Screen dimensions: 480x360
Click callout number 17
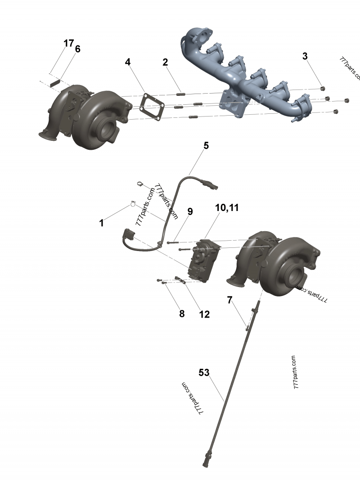[x=68, y=43]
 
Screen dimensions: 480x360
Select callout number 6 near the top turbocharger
[x=78, y=49]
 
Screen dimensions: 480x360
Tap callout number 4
[x=128, y=62]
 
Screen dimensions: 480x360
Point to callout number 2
[x=165, y=62]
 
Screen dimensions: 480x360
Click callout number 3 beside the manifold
[x=305, y=56]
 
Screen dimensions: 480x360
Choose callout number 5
[x=206, y=145]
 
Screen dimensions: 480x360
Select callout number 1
[x=102, y=223]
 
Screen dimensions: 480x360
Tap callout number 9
[x=190, y=211]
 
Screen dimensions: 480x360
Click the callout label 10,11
[x=227, y=208]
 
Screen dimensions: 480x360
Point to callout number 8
[x=182, y=314]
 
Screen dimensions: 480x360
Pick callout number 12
[x=204, y=314]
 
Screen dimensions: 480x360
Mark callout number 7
[x=229, y=300]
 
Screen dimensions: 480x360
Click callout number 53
[x=204, y=372]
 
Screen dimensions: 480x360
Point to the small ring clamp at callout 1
[x=134, y=203]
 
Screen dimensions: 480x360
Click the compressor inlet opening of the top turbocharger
[x=108, y=128]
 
